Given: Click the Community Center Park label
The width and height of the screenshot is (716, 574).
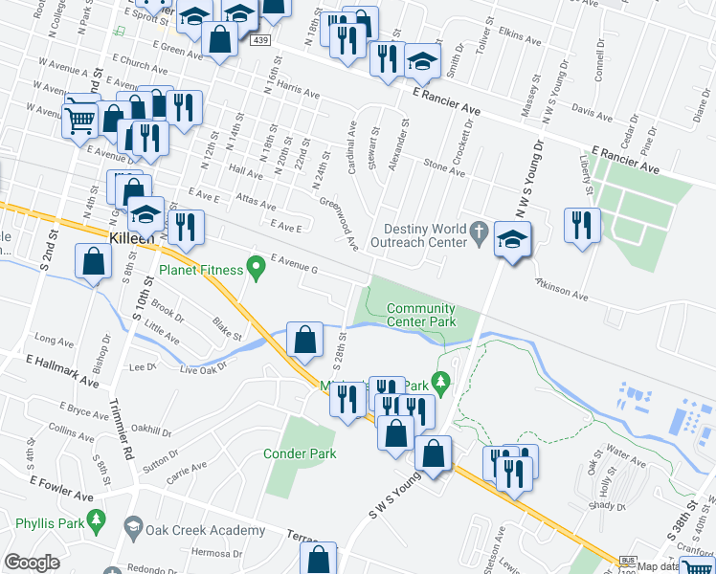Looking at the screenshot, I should [x=421, y=315].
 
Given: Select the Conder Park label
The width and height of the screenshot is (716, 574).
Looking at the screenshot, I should [x=301, y=453].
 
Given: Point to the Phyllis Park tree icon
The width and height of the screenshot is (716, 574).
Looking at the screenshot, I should [x=95, y=519].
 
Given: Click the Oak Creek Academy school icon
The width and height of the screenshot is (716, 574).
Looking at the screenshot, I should [x=132, y=527].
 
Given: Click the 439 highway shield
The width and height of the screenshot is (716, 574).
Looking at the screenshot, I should [x=260, y=40].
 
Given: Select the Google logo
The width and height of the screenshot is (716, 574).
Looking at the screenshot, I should [x=33, y=562].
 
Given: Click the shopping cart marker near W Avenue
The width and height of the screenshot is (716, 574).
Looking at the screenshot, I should [x=80, y=119].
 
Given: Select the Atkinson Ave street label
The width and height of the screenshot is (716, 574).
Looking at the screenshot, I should [x=561, y=289].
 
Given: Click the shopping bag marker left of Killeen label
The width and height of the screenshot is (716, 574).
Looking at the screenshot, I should [x=94, y=262].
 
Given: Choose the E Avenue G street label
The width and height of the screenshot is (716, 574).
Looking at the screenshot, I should [x=294, y=265].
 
